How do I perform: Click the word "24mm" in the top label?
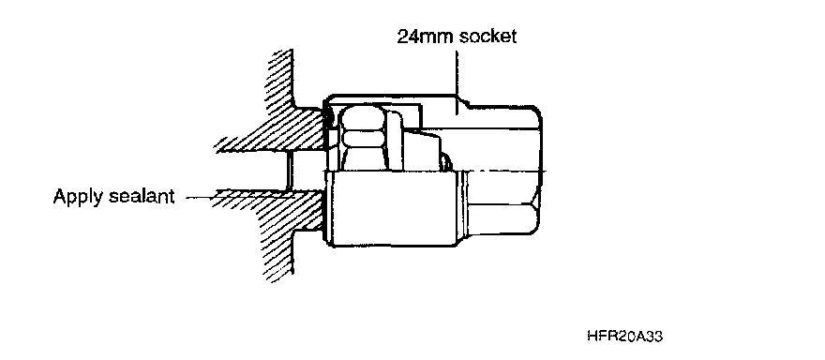(425, 37)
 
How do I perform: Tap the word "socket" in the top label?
(487, 37)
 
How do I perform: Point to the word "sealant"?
(142, 196)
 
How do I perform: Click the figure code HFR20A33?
(624, 336)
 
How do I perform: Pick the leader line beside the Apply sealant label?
(200, 198)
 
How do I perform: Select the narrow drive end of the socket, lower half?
(502, 203)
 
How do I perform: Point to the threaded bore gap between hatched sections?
(306, 171)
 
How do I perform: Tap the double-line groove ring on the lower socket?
(463, 208)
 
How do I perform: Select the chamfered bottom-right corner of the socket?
(536, 220)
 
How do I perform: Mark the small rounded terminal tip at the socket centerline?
(446, 161)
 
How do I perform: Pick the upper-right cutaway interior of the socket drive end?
(489, 149)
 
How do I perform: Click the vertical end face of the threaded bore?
(289, 171)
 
